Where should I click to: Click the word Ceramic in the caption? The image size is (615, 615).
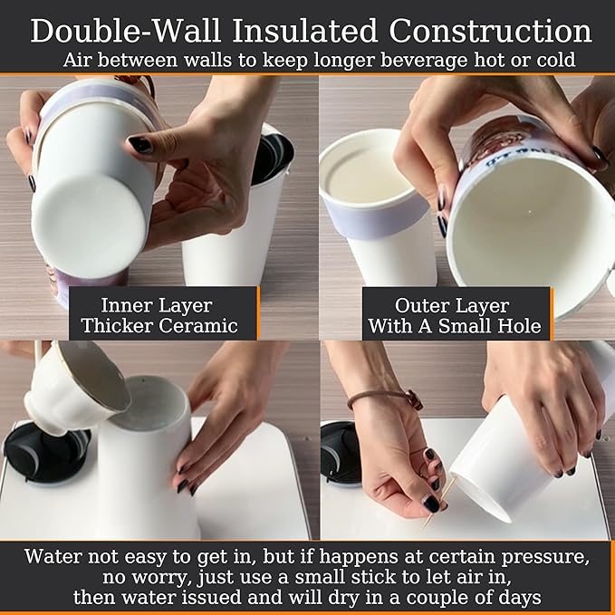207,325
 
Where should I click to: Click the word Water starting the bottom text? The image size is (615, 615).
53,555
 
